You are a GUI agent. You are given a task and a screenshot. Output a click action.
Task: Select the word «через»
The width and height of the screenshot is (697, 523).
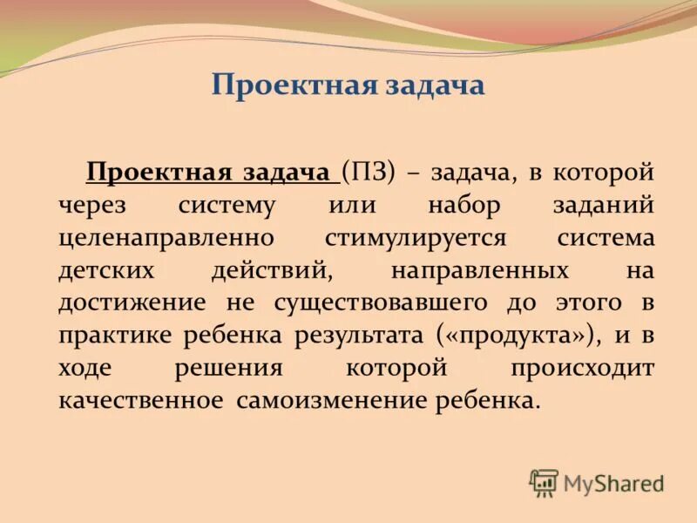tap(92, 205)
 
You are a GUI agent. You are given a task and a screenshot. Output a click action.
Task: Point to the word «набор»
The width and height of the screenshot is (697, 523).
tap(464, 205)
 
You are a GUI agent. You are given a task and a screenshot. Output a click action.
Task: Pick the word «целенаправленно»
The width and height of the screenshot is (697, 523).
tap(167, 237)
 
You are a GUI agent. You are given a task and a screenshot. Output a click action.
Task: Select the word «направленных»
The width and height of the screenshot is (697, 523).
tap(480, 269)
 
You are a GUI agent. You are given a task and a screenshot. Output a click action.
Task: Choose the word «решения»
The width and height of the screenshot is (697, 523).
tap(228, 367)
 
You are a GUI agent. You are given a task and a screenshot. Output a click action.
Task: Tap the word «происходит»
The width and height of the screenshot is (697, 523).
tap(582, 367)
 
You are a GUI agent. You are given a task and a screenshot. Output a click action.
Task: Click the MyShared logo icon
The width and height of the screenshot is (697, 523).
tap(544, 483)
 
